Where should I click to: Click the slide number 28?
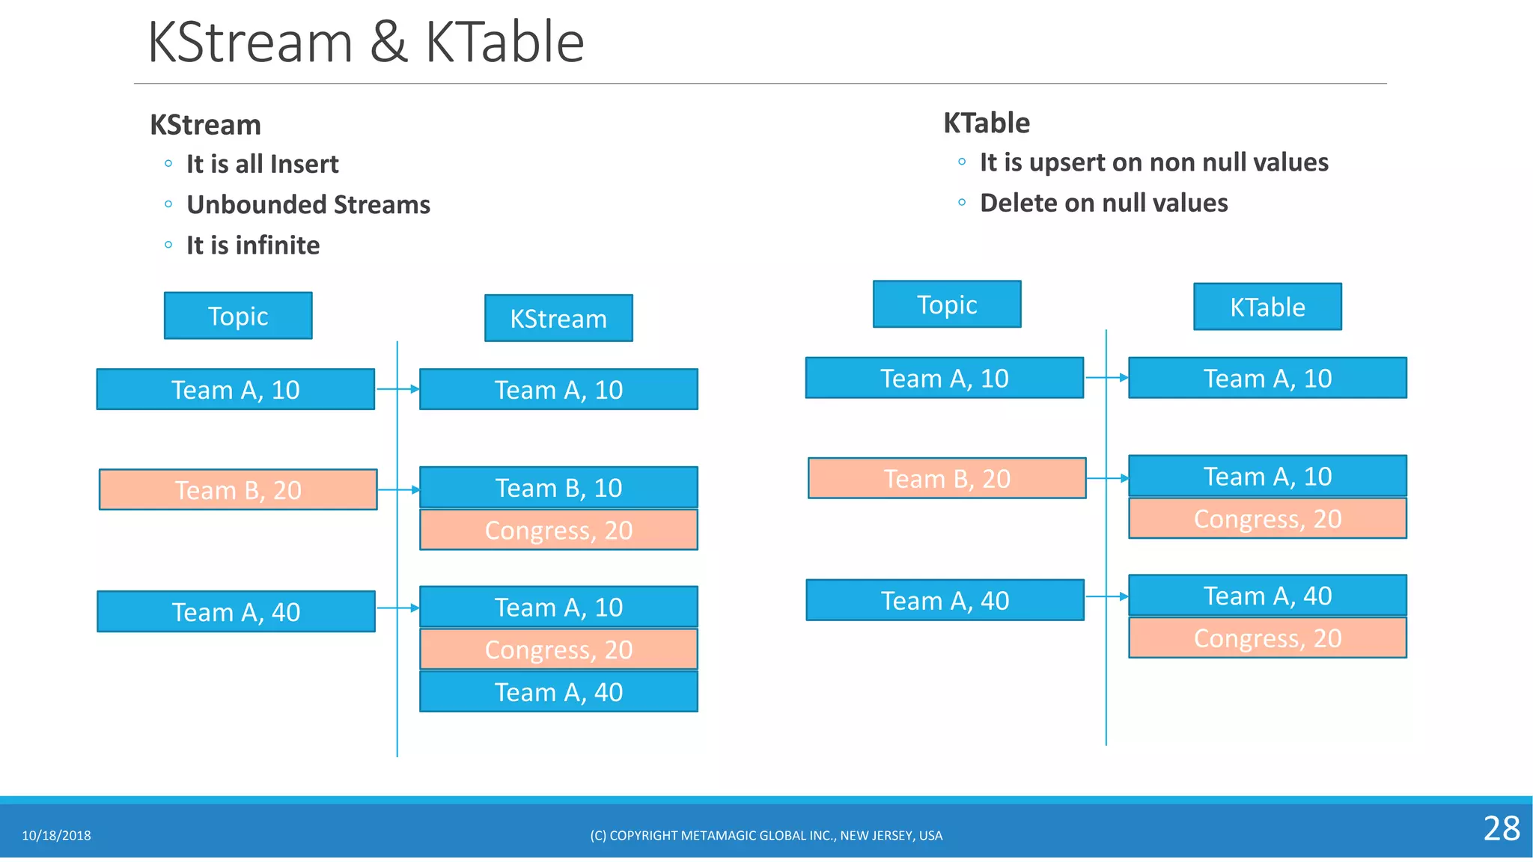click(x=1501, y=828)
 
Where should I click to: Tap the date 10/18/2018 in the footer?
click(x=56, y=836)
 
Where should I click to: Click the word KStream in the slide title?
click(x=250, y=43)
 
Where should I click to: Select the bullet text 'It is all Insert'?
click(x=262, y=164)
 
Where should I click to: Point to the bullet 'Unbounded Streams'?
click(x=308, y=204)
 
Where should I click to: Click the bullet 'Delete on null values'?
click(x=1103, y=203)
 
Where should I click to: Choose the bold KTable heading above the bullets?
click(x=986, y=123)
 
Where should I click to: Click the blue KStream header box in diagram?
click(x=558, y=318)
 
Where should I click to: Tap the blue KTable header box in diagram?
click(x=1267, y=307)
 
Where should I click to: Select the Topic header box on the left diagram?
click(x=238, y=316)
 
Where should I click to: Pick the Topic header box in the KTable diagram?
click(x=947, y=305)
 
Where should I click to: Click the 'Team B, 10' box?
click(x=558, y=488)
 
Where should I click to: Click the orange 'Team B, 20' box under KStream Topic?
click(x=238, y=490)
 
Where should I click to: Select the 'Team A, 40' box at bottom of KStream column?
click(x=558, y=692)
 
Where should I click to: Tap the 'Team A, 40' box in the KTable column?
click(x=1267, y=596)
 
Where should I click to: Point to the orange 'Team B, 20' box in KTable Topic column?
click(x=947, y=478)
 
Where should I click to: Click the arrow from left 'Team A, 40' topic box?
click(x=397, y=608)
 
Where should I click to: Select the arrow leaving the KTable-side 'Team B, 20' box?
click(x=1106, y=478)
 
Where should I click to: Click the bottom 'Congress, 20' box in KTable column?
click(x=1267, y=638)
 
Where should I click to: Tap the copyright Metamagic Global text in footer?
click(x=766, y=836)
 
